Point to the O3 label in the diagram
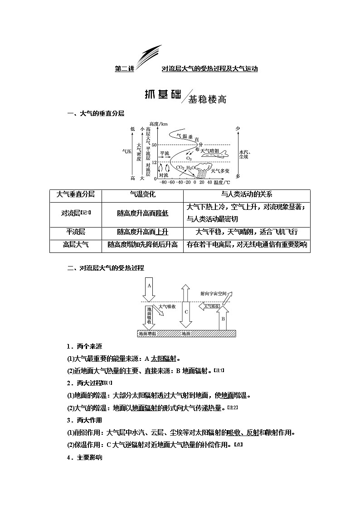(189, 159)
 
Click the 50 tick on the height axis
(154, 145)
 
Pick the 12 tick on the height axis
(154, 162)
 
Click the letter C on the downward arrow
(186, 312)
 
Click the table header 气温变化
(142, 194)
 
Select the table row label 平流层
(76, 232)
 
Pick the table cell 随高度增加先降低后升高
(142, 245)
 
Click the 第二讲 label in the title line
(124, 69)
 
